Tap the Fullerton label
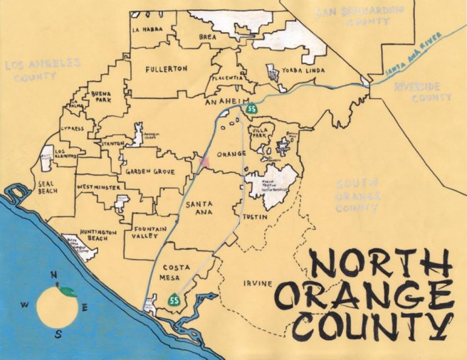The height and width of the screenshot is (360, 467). (165, 69)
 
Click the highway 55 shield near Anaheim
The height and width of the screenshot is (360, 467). (251, 110)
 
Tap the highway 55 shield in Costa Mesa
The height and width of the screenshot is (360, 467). (173, 302)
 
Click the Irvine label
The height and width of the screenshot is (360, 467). (256, 284)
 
